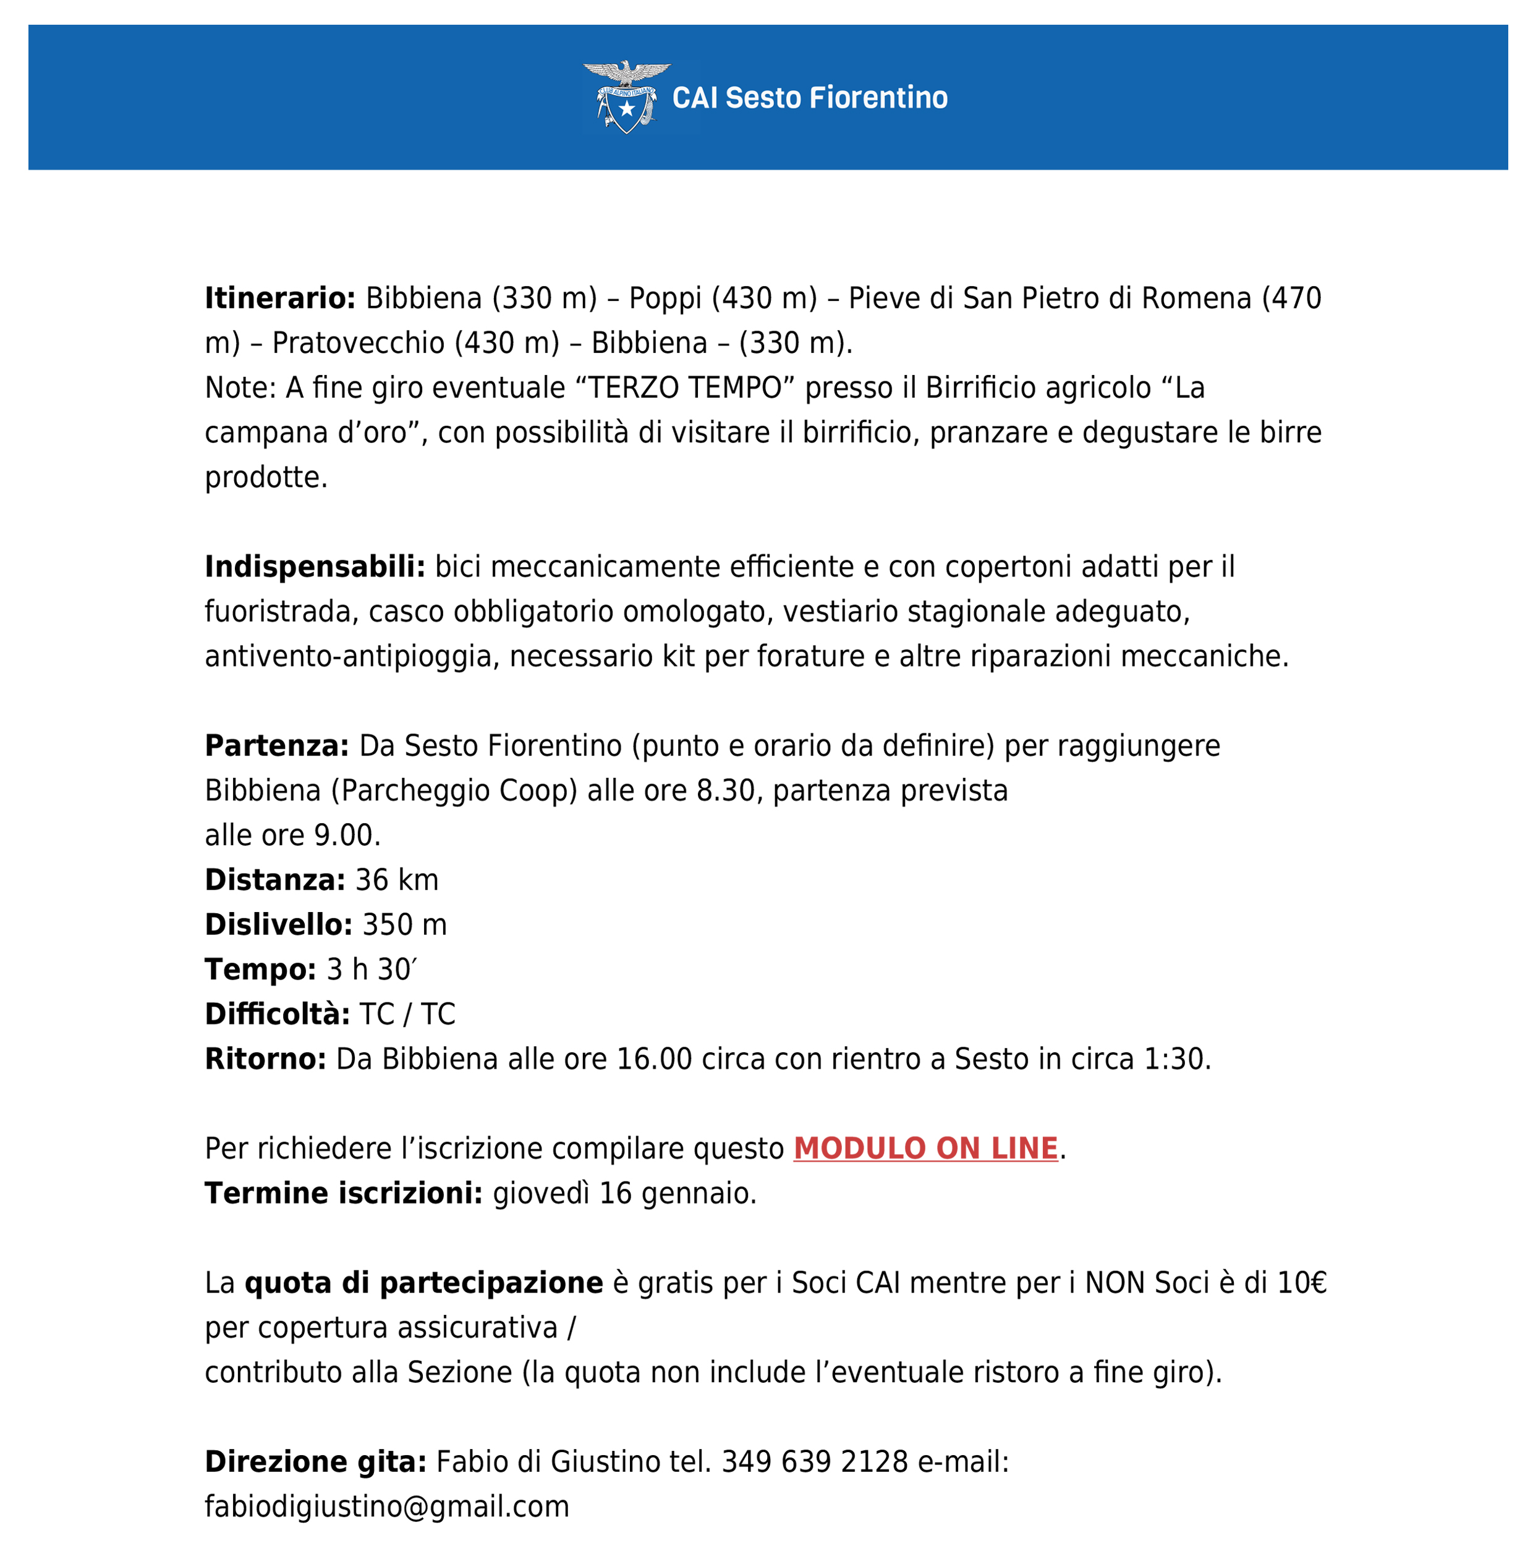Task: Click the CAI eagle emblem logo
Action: click(x=626, y=96)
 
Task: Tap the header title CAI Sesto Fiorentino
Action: click(x=809, y=98)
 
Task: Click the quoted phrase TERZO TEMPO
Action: click(x=685, y=388)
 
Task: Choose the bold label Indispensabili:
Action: click(x=315, y=567)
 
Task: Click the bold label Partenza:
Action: click(x=277, y=745)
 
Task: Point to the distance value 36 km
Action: click(x=397, y=880)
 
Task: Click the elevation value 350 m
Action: click(x=404, y=925)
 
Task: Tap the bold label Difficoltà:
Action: click(x=277, y=1014)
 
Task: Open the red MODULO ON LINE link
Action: click(x=925, y=1149)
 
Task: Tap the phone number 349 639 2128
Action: click(x=814, y=1461)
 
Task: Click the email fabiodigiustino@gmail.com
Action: click(x=386, y=1506)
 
